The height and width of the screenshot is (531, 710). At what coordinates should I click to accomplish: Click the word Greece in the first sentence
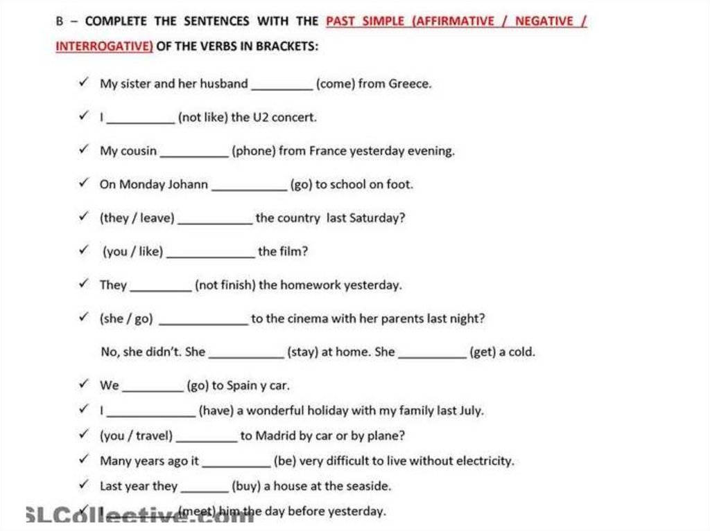(x=409, y=84)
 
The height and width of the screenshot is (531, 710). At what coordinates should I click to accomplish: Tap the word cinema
(x=309, y=319)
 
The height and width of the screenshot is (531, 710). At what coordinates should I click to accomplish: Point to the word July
(x=471, y=411)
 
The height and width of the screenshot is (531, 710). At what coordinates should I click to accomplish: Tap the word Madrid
(x=275, y=436)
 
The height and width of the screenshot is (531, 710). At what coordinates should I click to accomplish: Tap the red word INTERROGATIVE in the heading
(x=103, y=46)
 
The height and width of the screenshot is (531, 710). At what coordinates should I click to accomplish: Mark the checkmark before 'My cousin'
(x=84, y=150)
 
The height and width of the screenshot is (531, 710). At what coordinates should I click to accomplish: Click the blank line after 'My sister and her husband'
(x=282, y=88)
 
